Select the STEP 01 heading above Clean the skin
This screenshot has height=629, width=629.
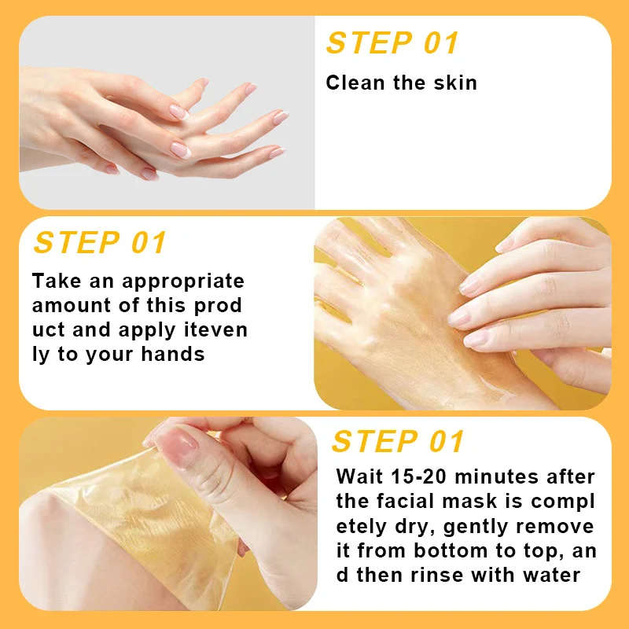tap(392, 43)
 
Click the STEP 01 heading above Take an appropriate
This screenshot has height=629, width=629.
tap(100, 243)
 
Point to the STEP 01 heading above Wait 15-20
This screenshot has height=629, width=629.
tap(398, 441)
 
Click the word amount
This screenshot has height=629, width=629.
tap(72, 305)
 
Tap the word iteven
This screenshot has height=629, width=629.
tap(215, 329)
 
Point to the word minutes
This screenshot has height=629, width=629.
tap(497, 477)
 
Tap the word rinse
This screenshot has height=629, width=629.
tap(437, 575)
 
